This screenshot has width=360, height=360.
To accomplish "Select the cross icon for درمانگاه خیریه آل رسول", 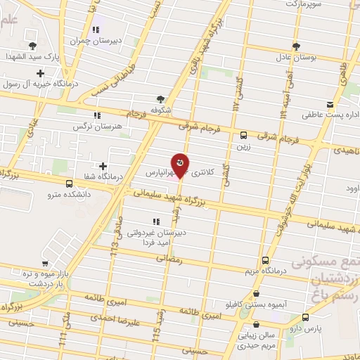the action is click(x=41, y=73).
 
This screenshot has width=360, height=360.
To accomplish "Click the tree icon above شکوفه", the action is click(x=161, y=99).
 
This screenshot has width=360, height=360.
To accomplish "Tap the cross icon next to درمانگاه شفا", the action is click(x=103, y=165).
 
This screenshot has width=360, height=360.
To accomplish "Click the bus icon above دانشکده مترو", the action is click(x=68, y=184).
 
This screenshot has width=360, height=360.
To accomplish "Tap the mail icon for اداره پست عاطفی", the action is click(x=326, y=100).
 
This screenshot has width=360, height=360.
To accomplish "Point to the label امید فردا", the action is click(x=151, y=241).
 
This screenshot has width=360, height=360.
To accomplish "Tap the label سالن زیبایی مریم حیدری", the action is click(x=257, y=341).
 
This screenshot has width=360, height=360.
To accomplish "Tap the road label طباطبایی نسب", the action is click(x=130, y=79).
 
